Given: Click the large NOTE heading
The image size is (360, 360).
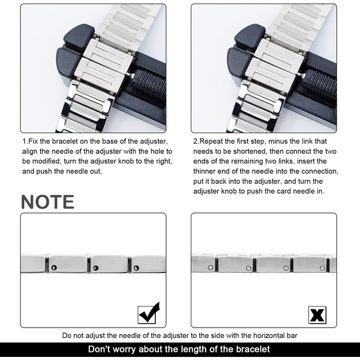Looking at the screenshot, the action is point(48,202).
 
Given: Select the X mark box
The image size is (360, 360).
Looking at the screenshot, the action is point(317,315).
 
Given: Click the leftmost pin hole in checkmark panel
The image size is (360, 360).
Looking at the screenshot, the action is point(54,267).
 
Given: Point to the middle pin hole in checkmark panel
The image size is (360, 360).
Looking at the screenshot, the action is point(96,268).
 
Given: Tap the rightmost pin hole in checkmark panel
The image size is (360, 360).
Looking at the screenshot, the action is point(136,268).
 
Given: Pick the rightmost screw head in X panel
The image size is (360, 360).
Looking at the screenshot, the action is point(322,268).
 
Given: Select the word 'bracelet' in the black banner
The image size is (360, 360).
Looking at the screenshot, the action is point(253,349).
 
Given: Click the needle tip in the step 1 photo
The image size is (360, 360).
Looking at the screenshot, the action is point(131,75).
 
